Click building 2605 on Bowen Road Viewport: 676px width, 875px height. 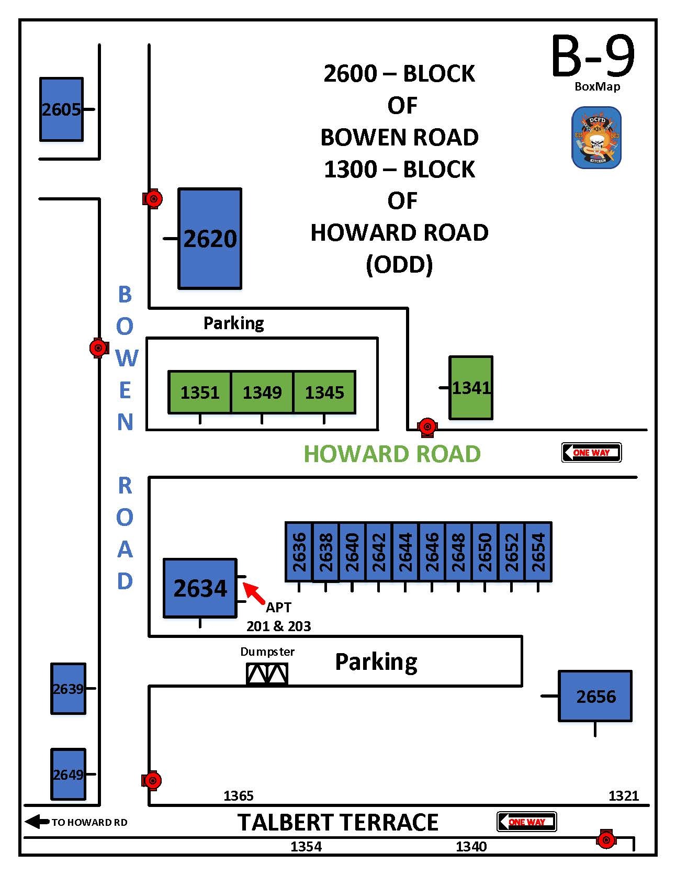point(61,109)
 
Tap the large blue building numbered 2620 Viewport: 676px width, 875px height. point(210,238)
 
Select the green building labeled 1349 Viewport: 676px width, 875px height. point(262,392)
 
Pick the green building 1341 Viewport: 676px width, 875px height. point(471,388)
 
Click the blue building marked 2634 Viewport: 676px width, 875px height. point(200,588)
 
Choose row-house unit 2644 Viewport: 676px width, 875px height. point(405,552)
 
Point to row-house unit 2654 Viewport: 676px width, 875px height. point(538,552)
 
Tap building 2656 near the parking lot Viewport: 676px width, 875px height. point(595,696)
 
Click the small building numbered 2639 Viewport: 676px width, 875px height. point(68,688)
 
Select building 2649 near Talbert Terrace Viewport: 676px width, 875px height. point(68,774)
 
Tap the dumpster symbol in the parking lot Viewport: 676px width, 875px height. point(267,674)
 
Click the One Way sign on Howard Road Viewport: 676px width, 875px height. point(591,453)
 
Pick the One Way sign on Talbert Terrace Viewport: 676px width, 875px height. point(526,822)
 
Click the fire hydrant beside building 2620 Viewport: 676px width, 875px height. point(153,199)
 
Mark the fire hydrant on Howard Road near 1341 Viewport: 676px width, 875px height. point(427,427)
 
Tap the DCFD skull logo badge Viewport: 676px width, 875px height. point(596,138)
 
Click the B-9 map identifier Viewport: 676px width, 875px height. point(593,57)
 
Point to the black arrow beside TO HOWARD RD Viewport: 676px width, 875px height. point(37,822)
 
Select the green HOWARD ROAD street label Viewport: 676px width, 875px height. point(392,454)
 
